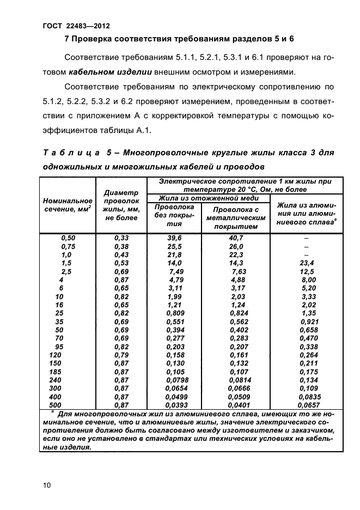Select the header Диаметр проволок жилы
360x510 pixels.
[x=121, y=205]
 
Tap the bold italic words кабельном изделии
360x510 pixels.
[x=101, y=71]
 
